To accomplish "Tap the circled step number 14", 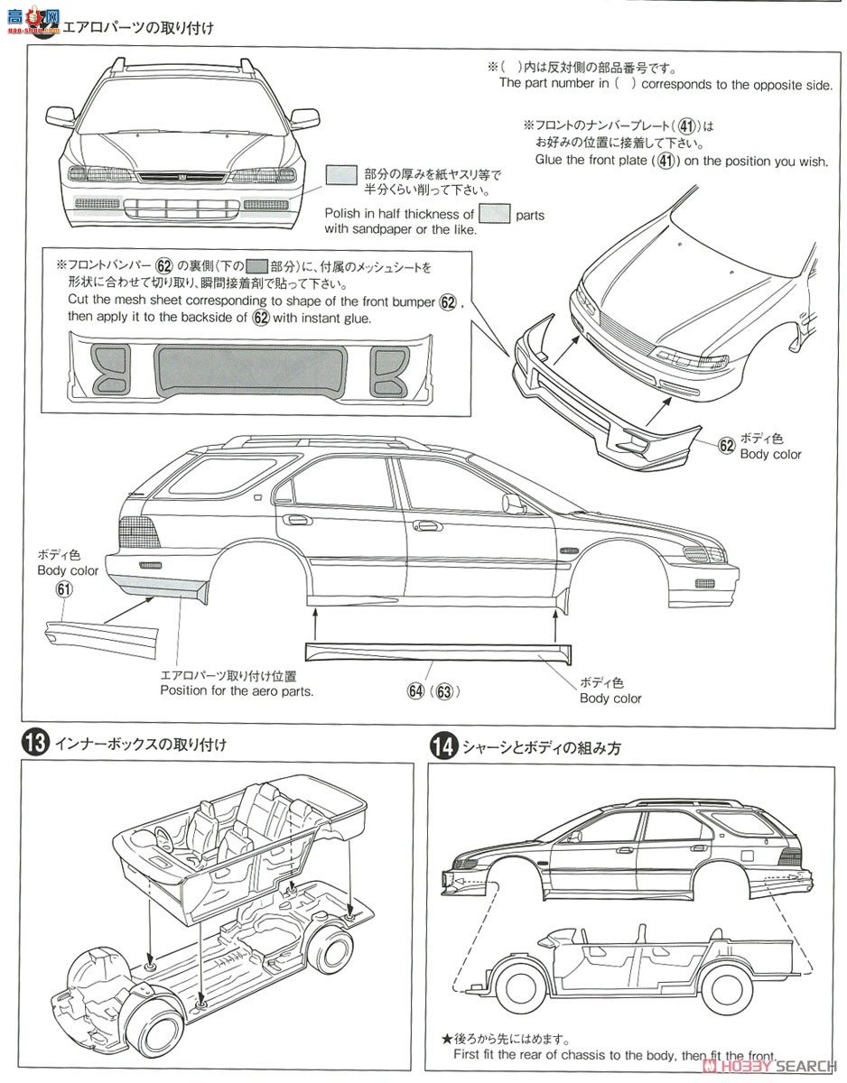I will point(442,746).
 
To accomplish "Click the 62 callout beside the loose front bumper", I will point(727,445).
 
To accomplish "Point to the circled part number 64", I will point(415,691).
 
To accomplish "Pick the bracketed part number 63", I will point(443,691).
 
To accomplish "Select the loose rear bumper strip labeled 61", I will point(99,630).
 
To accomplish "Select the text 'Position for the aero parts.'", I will point(237,691).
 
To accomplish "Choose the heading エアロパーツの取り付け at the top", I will point(137,28).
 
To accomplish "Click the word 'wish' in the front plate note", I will point(812,161).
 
